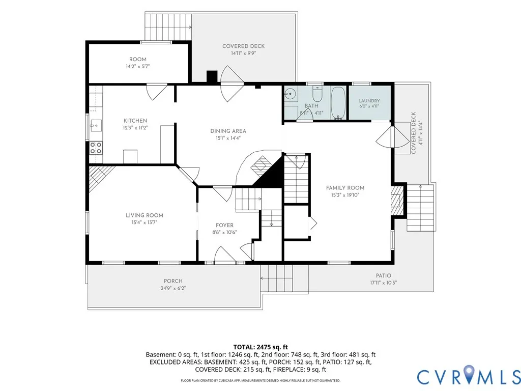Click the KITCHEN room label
(x=135, y=121)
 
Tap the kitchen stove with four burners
(x=96, y=148)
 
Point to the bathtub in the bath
(x=338, y=103)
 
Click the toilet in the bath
(x=317, y=94)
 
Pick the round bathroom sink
(x=290, y=94)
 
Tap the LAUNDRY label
(x=369, y=101)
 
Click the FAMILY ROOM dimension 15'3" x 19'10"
(x=345, y=195)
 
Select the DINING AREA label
(x=228, y=131)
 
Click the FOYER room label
(x=224, y=225)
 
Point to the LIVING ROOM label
(x=144, y=215)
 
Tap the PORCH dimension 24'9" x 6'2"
(x=173, y=288)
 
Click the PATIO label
(x=384, y=275)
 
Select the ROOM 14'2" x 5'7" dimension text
(x=137, y=67)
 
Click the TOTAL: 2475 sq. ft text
(x=260, y=347)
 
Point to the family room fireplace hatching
(x=397, y=201)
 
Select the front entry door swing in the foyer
(x=225, y=255)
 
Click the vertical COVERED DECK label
(x=413, y=133)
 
